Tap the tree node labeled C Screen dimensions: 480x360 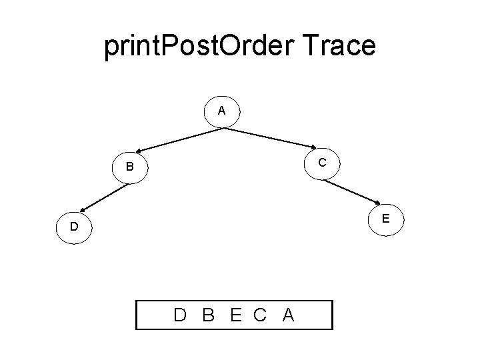click(x=322, y=162)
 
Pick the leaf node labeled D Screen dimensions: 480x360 click(x=75, y=227)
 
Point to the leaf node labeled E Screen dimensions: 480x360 click(x=387, y=218)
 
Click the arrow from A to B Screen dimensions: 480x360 click(x=180, y=139)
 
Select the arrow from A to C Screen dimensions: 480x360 click(x=270, y=138)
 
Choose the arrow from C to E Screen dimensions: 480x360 click(x=353, y=189)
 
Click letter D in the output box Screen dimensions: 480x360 click(x=180, y=315)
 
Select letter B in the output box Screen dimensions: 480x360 click(x=208, y=315)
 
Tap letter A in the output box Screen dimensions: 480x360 click(x=288, y=315)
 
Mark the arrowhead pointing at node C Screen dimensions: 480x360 click(x=313, y=148)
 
